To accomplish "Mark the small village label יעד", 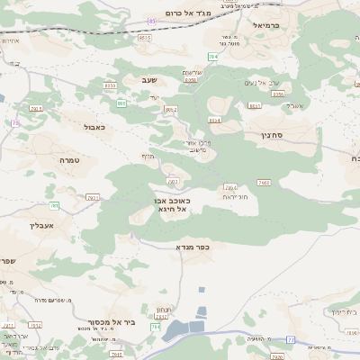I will [x=154, y=96].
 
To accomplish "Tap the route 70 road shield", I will [x=15, y=122].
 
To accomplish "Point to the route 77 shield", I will [x=291, y=338].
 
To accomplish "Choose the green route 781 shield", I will [x=55, y=206].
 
